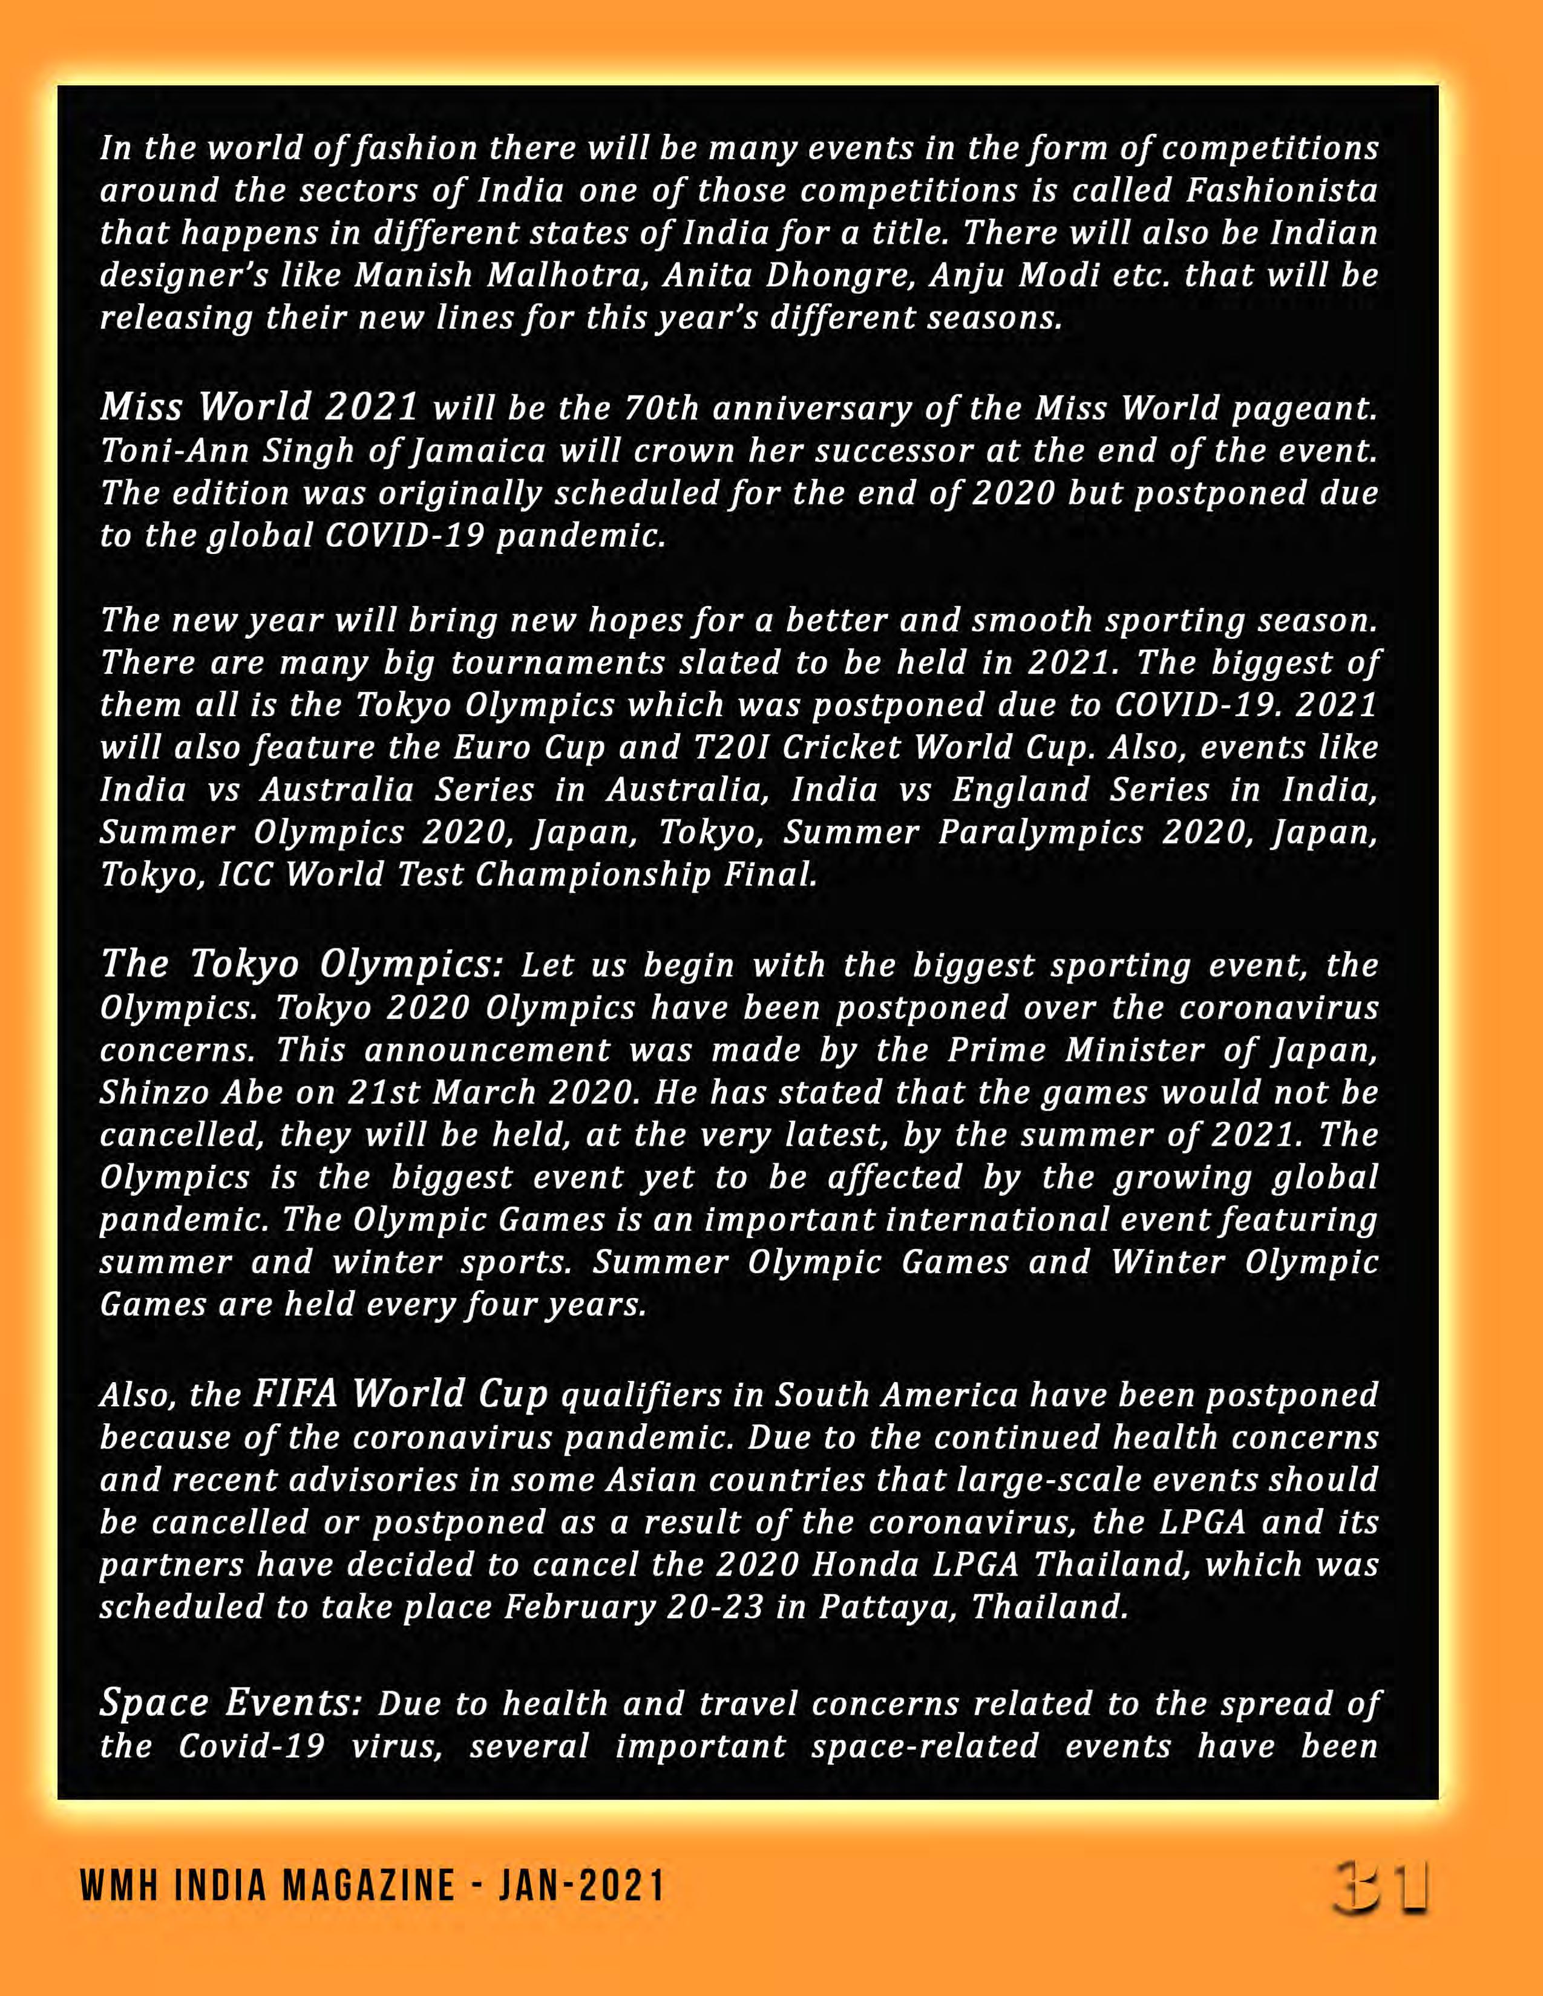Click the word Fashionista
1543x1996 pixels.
coord(1282,191)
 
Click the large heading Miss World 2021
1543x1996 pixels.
coord(260,406)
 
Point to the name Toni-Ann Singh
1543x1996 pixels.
coord(229,451)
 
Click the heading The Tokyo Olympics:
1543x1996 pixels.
coord(302,964)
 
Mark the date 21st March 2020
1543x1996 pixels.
coord(442,1092)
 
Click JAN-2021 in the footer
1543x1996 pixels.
coord(581,1887)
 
